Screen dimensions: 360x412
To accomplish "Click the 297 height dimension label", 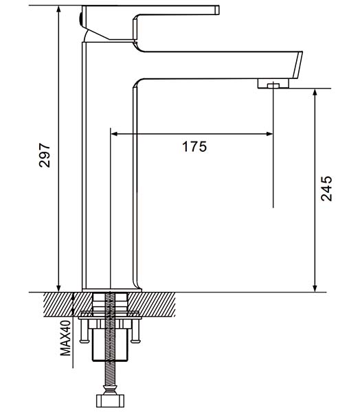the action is pos(44,155).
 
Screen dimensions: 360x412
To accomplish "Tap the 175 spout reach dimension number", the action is pos(194,147).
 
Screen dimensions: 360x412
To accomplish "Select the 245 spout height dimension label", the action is pos(326,189).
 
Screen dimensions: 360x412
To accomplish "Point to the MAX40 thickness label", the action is pos(65,338).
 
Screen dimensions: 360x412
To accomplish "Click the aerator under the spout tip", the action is pos(273,84).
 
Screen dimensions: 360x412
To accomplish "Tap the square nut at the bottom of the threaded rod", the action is pos(110,401).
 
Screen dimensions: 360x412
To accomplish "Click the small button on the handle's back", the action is pos(80,19).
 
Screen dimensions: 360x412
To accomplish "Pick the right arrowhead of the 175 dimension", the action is pos(269,134).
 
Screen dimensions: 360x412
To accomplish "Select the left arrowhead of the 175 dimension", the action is pos(114,134).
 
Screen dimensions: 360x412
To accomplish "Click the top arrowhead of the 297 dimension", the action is pos(58,9).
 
